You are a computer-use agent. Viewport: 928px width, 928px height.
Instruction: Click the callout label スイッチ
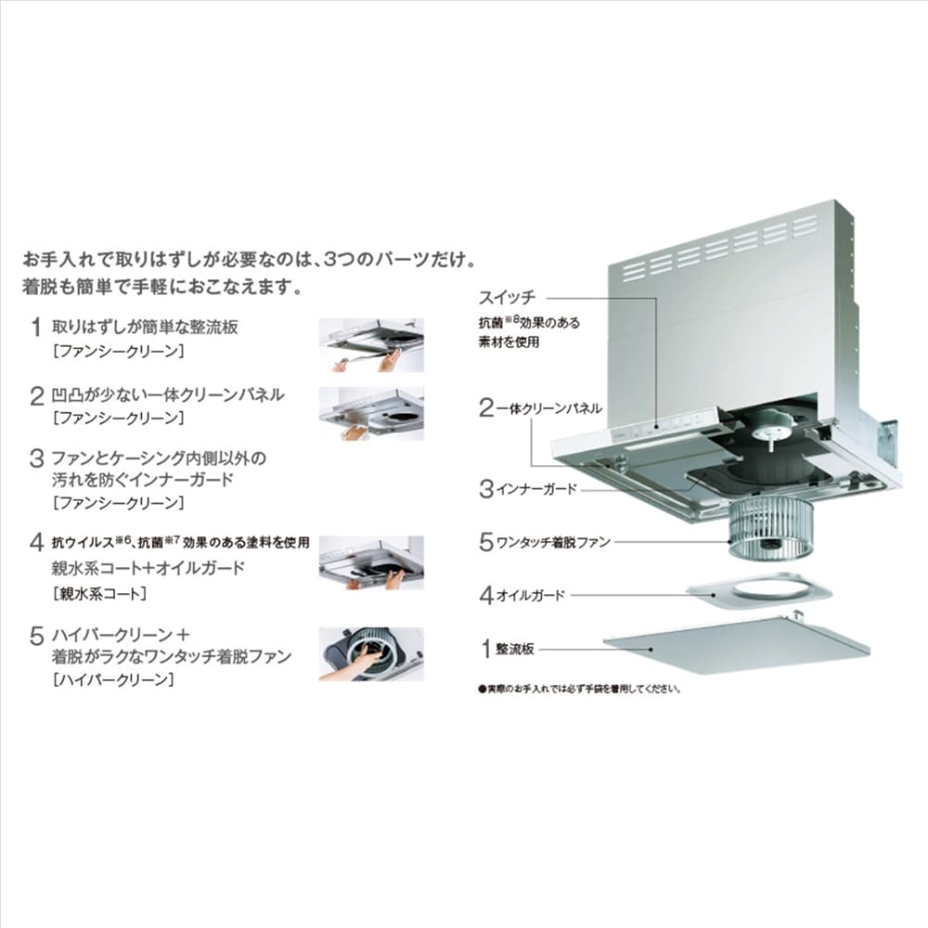coord(508,297)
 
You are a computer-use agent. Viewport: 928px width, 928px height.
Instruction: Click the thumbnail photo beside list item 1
coord(371,345)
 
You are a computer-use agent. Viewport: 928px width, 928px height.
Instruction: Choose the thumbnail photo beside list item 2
coord(371,413)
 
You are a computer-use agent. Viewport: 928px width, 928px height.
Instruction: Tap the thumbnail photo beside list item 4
coord(371,563)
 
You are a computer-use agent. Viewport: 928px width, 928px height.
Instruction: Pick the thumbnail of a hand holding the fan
coord(371,654)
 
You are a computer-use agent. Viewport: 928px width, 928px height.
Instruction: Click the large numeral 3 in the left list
coord(37,458)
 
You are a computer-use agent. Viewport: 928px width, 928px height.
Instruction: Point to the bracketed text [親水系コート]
coord(99,594)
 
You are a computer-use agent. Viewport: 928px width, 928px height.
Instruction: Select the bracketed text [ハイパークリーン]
coord(113,679)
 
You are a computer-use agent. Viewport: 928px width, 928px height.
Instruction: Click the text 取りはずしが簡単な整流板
coord(145,327)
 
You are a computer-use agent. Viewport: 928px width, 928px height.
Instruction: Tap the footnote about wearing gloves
coord(580,689)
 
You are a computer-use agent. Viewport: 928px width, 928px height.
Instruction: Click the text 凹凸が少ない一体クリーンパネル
coord(168,394)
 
